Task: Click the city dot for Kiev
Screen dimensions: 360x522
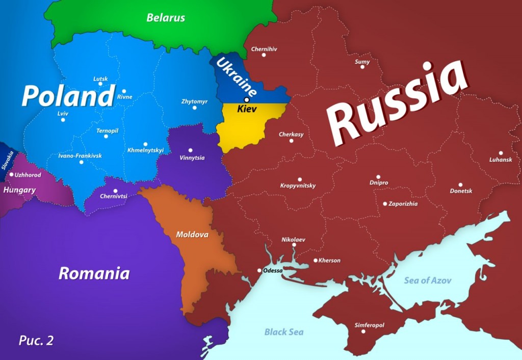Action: click(x=247, y=99)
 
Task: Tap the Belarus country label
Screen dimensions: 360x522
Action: click(x=166, y=18)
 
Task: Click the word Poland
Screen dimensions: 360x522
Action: click(x=68, y=96)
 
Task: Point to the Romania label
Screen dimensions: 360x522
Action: click(x=94, y=273)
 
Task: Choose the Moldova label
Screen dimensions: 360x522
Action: click(x=192, y=235)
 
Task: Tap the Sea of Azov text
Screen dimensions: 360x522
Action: click(x=428, y=280)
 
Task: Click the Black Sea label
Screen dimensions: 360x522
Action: click(x=284, y=332)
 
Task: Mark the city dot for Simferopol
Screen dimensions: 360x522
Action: click(x=363, y=331)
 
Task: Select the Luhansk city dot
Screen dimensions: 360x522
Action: click(x=501, y=153)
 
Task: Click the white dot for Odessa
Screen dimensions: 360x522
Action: click(x=259, y=271)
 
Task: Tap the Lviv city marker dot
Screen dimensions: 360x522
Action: click(x=63, y=120)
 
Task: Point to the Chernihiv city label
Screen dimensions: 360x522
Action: click(x=264, y=49)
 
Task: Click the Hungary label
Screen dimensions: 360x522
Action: click(x=19, y=190)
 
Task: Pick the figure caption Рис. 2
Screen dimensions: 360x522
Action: click(x=36, y=340)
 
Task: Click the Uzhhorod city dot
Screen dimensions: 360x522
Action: click(x=12, y=174)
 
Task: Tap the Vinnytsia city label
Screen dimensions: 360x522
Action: click(x=192, y=158)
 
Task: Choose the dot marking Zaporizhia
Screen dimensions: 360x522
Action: click(x=385, y=203)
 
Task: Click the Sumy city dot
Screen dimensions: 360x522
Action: click(x=362, y=67)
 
